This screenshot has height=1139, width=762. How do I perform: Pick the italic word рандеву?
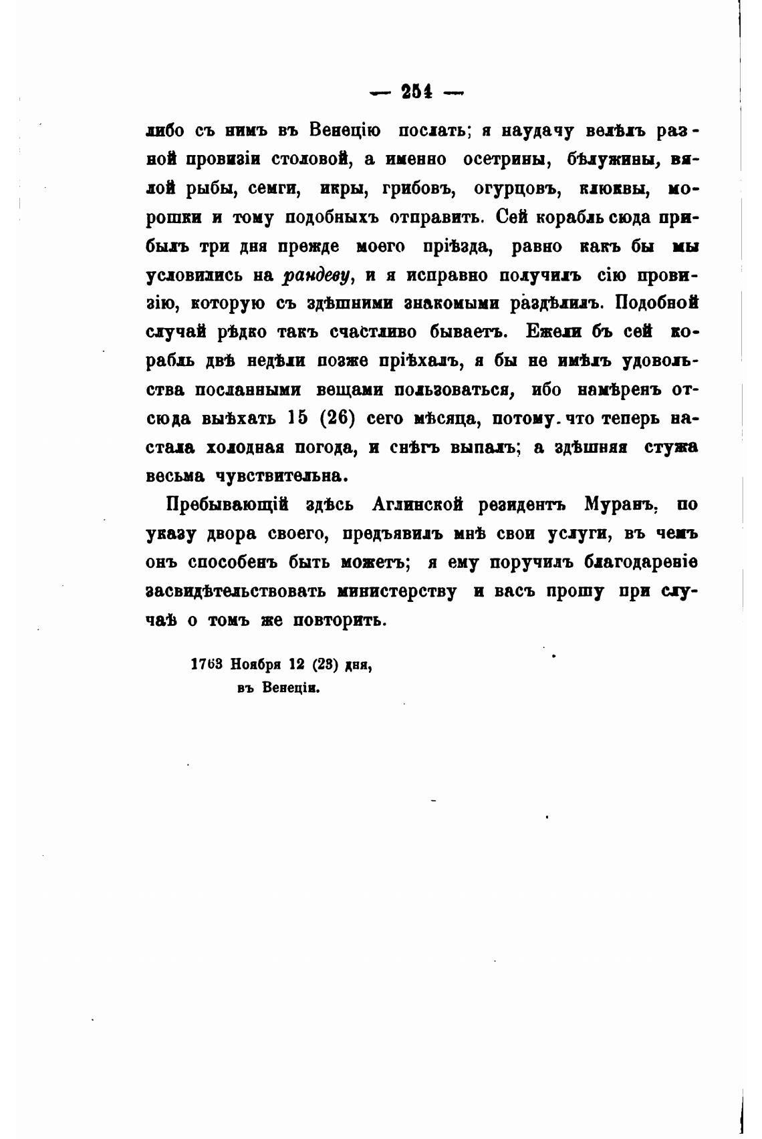point(317,275)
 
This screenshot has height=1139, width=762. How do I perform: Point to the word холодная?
point(259,447)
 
